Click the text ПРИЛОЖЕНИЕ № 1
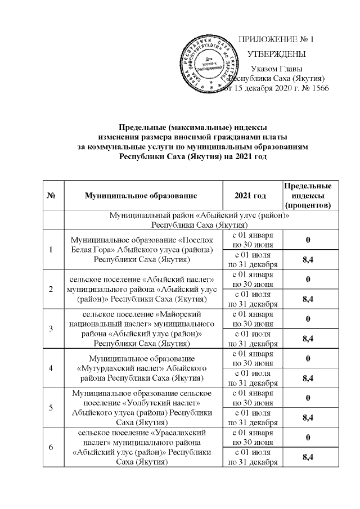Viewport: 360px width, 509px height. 276,39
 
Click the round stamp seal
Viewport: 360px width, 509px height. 209,63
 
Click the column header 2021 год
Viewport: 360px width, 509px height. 252,195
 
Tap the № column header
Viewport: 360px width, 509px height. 51,195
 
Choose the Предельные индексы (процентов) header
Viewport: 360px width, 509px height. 307,195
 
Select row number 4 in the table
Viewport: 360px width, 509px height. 51,368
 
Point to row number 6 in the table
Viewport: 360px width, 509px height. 51,447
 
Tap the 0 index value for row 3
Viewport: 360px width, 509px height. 307,319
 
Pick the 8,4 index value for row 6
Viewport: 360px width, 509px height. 307,457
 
